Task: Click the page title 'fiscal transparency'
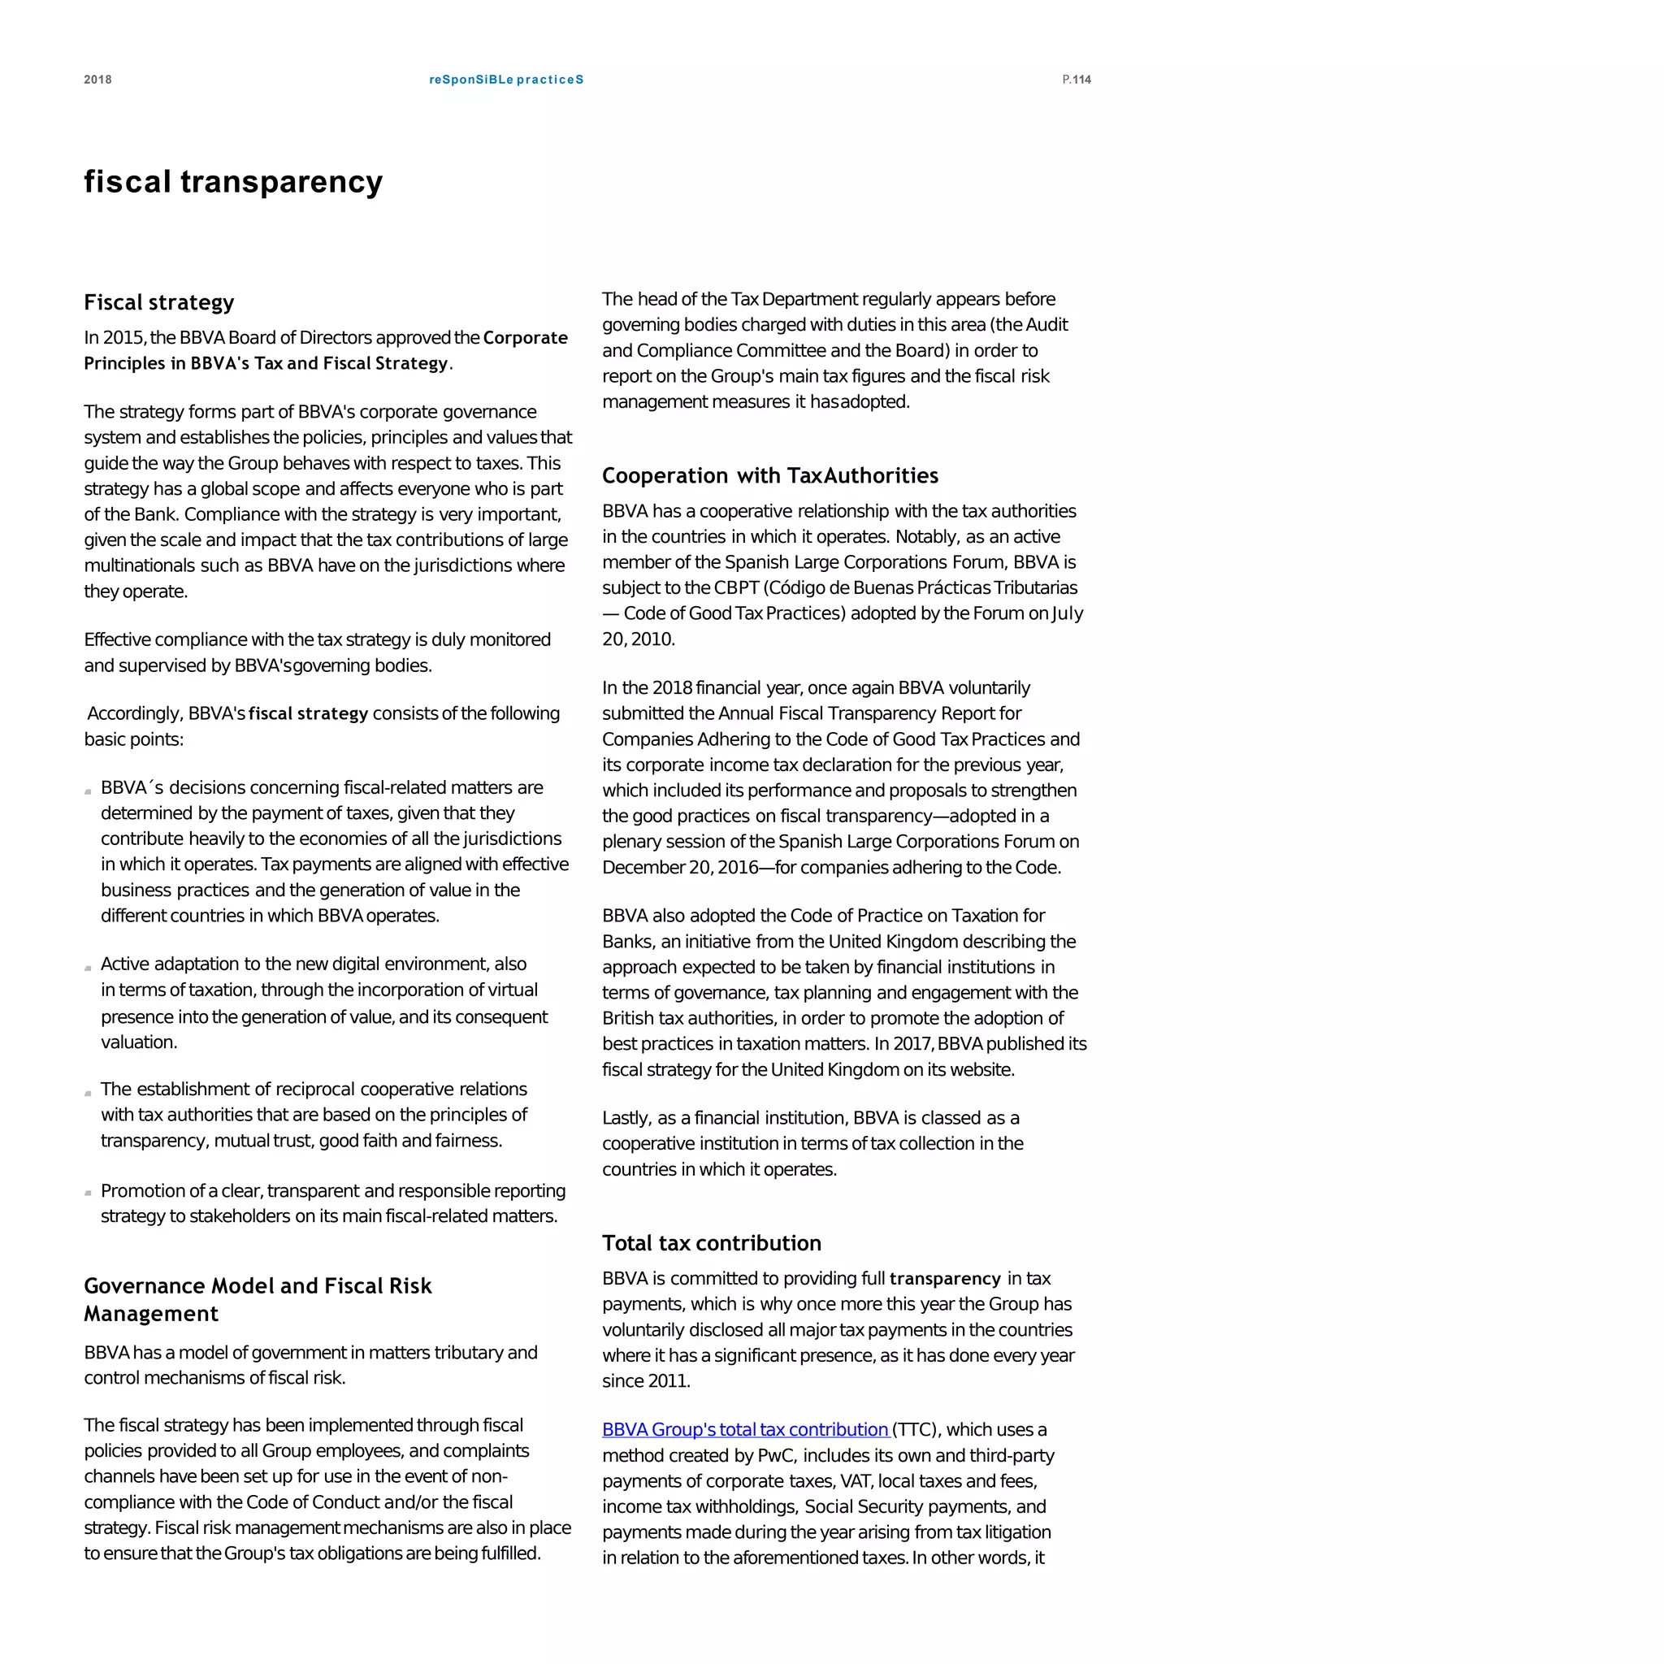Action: pyautogui.click(x=232, y=182)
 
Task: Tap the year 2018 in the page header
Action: pyautogui.click(x=97, y=80)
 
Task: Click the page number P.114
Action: pyautogui.click(x=1076, y=80)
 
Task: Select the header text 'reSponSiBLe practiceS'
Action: pyautogui.click(x=505, y=80)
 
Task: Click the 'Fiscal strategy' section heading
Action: pyautogui.click(x=158, y=302)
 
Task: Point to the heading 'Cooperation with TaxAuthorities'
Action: pyautogui.click(x=769, y=475)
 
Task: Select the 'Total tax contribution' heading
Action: pyautogui.click(x=711, y=1243)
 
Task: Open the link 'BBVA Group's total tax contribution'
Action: pyautogui.click(x=744, y=1429)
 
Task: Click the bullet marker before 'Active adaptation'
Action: pyautogui.click(x=88, y=968)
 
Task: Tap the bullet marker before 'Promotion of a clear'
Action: pyautogui.click(x=88, y=1193)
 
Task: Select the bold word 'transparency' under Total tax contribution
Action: pyautogui.click(x=944, y=1278)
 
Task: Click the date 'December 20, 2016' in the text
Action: pyautogui.click(x=679, y=867)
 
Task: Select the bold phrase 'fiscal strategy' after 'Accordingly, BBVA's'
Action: pyautogui.click(x=307, y=713)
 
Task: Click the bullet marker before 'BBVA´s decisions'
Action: pyautogui.click(x=88, y=791)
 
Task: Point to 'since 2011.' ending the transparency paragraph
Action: pyautogui.click(x=646, y=1380)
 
